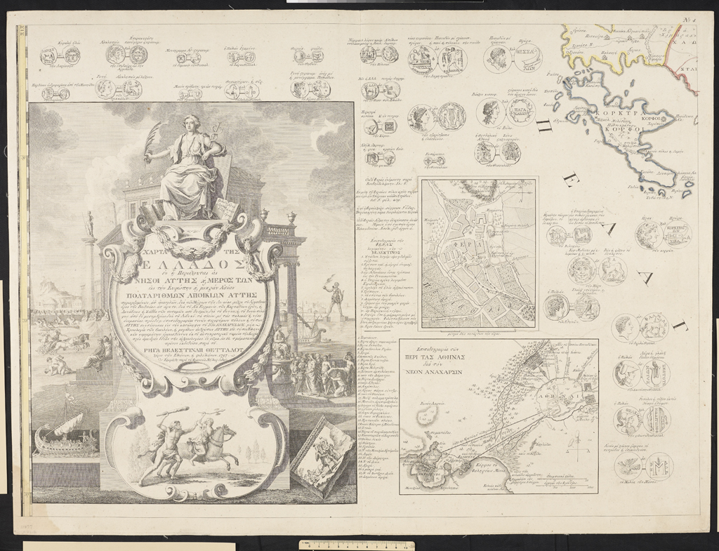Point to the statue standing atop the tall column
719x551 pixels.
[89, 223]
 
